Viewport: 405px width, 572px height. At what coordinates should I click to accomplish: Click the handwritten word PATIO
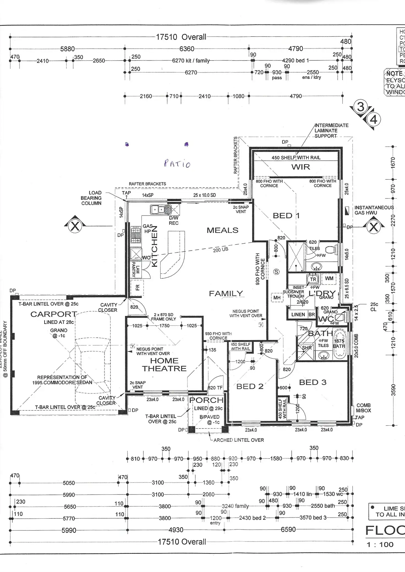(177, 164)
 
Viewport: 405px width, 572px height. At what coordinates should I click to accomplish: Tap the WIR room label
(300, 167)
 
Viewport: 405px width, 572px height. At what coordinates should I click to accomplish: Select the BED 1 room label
(286, 216)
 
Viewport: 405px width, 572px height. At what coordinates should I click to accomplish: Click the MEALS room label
(222, 230)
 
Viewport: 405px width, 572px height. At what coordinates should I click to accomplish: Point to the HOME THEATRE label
(164, 365)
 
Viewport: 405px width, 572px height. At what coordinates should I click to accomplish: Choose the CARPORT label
(53, 314)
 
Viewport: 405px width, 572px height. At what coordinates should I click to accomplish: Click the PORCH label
(206, 400)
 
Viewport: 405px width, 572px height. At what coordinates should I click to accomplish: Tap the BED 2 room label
(250, 387)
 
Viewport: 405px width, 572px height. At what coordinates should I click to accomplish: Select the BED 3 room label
(313, 382)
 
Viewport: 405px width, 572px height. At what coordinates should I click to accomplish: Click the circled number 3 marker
(360, 107)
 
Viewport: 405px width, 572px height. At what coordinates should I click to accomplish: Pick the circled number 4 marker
(374, 120)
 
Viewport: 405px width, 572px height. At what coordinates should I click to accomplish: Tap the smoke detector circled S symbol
(276, 272)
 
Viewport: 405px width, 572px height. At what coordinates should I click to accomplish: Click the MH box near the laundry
(277, 298)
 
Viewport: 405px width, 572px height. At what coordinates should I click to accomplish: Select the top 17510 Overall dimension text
(181, 37)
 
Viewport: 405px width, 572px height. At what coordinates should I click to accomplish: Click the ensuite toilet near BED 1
(330, 250)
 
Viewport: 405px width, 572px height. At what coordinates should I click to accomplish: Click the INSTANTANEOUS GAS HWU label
(374, 210)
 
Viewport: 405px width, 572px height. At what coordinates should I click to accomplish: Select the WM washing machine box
(329, 278)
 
